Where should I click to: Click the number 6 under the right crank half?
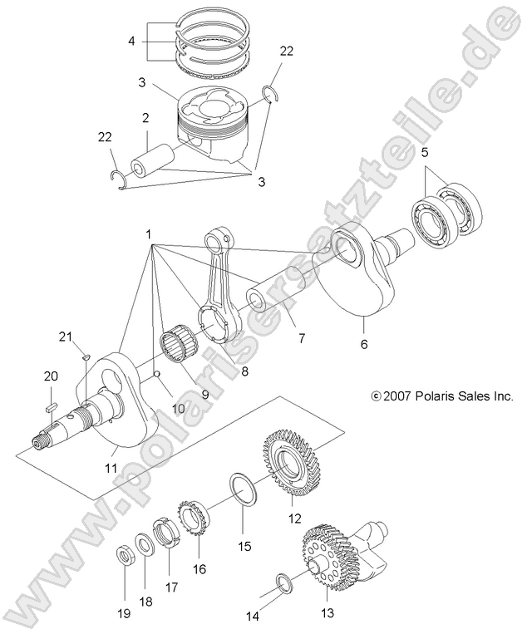(x=365, y=342)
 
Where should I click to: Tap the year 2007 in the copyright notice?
(x=396, y=397)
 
